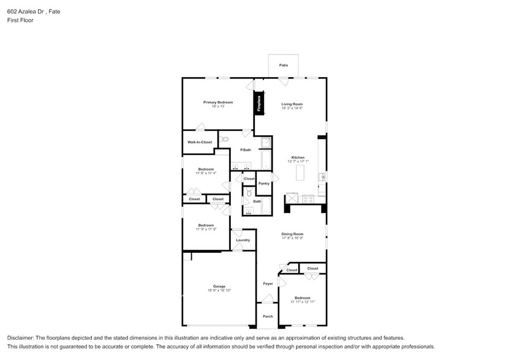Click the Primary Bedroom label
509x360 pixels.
(218, 102)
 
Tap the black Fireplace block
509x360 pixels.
(258, 102)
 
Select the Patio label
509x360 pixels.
(284, 65)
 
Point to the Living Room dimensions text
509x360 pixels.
(292, 108)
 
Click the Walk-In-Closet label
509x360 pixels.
(200, 142)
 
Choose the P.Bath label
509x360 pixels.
(245, 150)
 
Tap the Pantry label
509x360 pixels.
(264, 184)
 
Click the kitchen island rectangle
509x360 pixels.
(300, 173)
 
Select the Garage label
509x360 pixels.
(219, 286)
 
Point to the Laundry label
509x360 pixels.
(243, 240)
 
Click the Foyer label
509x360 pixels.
(268, 283)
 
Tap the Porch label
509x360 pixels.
(268, 317)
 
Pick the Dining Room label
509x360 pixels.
(292, 234)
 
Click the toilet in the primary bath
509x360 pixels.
(224, 140)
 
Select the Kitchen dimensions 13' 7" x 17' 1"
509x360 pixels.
(298, 162)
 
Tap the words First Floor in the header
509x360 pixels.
(20, 20)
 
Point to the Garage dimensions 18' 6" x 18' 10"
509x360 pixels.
(219, 290)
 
